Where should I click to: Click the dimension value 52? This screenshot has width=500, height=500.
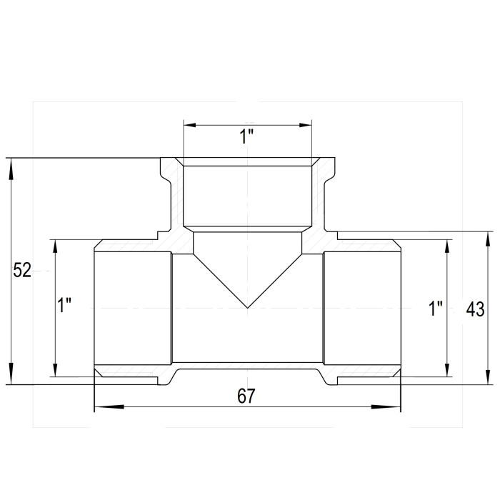(22, 271)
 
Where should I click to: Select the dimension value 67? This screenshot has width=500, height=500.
(246, 396)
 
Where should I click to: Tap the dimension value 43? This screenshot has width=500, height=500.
(475, 309)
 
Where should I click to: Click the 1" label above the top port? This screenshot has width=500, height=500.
(246, 136)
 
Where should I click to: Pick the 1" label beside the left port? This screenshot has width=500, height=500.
(64, 305)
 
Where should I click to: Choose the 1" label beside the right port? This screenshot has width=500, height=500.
(435, 309)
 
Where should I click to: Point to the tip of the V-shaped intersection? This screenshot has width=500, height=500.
(247, 308)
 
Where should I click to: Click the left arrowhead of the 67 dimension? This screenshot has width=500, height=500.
(109, 407)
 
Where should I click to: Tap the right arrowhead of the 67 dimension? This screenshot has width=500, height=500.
(386, 407)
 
